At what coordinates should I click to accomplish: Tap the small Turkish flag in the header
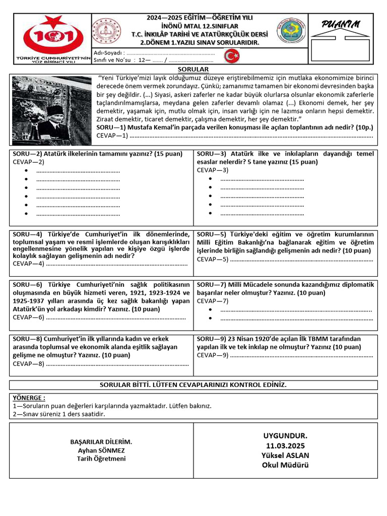232,56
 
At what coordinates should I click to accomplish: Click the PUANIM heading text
341,25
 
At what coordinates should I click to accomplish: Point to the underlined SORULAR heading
193,69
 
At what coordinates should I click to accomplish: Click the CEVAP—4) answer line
116,264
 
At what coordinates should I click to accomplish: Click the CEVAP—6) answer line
116,317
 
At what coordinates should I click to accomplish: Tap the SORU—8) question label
28,339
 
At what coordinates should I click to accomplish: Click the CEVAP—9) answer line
301,355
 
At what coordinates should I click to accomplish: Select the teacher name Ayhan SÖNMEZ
101,450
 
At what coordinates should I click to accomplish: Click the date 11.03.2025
285,445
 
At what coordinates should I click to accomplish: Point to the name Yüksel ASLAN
285,455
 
